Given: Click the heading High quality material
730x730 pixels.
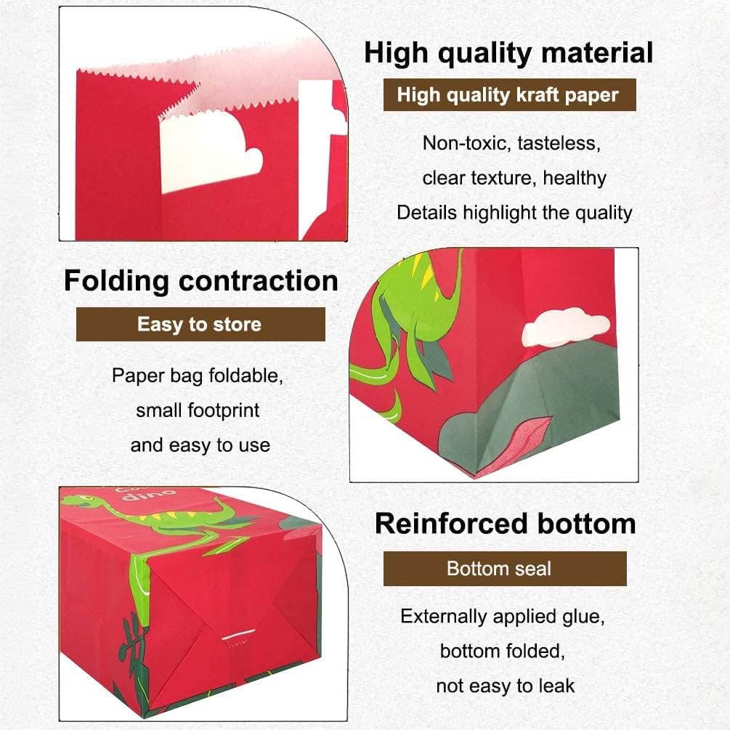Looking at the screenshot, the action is pos(508,54).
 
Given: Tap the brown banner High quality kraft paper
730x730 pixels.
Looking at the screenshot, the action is pos(509,94).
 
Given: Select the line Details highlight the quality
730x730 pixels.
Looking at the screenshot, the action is pos(514,213).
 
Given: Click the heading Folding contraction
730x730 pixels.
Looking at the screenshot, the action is pos(201,280).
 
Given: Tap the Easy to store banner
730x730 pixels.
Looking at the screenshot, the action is pos(200,324).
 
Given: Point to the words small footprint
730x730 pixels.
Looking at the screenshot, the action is pos(198,410).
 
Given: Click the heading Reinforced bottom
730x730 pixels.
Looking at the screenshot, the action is pos(505,524).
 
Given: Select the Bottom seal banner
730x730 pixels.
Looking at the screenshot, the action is pos(505,569).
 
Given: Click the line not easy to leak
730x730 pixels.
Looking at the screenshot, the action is pos(505,686).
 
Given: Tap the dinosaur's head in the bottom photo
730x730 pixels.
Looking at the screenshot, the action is pos(81,501).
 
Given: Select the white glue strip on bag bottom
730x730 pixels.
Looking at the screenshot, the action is pos(238,635).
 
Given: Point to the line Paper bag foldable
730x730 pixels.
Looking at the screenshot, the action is pos(198,376).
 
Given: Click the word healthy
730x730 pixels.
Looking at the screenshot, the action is pos(575,178).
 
